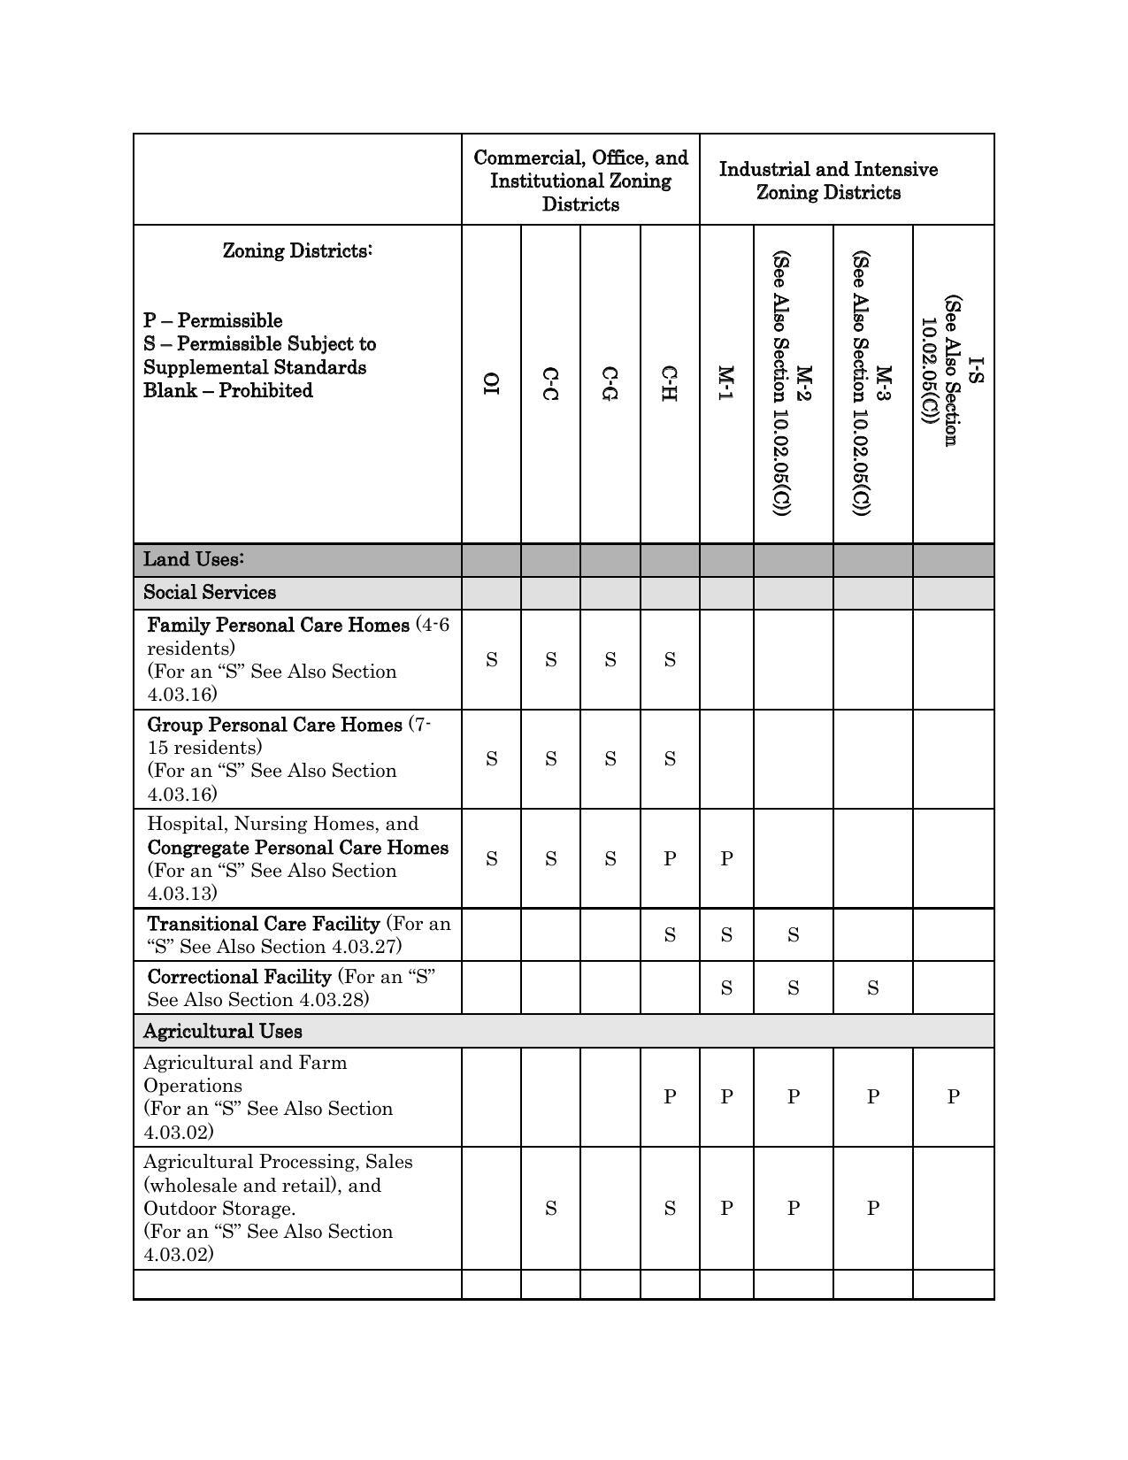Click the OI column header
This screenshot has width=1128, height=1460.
pyautogui.click(x=491, y=384)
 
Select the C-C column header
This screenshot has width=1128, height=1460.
pyautogui.click(x=550, y=384)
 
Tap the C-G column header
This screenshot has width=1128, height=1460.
pyautogui.click(x=610, y=384)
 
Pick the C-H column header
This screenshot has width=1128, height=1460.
pyautogui.click(x=670, y=384)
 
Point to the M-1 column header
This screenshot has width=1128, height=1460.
pyautogui.click(x=726, y=384)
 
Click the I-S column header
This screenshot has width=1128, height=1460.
pyautogui.click(x=952, y=371)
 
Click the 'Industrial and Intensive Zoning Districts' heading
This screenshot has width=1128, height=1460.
pyautogui.click(x=828, y=181)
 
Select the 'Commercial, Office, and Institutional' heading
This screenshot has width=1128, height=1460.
pyautogui.click(x=580, y=181)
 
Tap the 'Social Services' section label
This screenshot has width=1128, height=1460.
pyautogui.click(x=210, y=592)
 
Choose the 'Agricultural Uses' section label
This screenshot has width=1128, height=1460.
pyautogui.click(x=223, y=1031)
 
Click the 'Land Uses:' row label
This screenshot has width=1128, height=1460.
pyautogui.click(x=194, y=559)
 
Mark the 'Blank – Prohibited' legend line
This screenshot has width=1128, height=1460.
pyautogui.click(x=228, y=390)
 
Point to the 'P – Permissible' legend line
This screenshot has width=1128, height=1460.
pyautogui.click(x=213, y=320)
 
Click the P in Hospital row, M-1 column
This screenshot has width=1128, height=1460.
pyautogui.click(x=726, y=858)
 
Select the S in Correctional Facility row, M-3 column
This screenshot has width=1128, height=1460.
pyautogui.click(x=872, y=987)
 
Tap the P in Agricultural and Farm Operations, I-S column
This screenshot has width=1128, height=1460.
pyautogui.click(x=953, y=1096)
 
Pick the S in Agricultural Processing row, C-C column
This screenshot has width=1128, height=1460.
pyautogui.click(x=550, y=1209)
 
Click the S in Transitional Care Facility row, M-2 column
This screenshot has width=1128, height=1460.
pyautogui.click(x=793, y=934)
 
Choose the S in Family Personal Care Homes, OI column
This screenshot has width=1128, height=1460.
pyautogui.click(x=491, y=659)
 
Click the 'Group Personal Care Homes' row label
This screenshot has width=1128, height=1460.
pyautogui.click(x=274, y=725)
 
